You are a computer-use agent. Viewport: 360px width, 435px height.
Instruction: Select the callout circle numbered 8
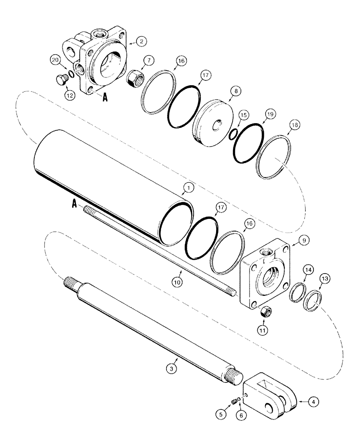tap(235, 92)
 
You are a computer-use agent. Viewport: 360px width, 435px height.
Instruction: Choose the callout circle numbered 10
tap(177, 282)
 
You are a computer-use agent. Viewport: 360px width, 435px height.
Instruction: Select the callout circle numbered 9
tap(303, 238)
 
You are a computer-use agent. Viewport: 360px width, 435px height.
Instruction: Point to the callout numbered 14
tap(307, 271)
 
